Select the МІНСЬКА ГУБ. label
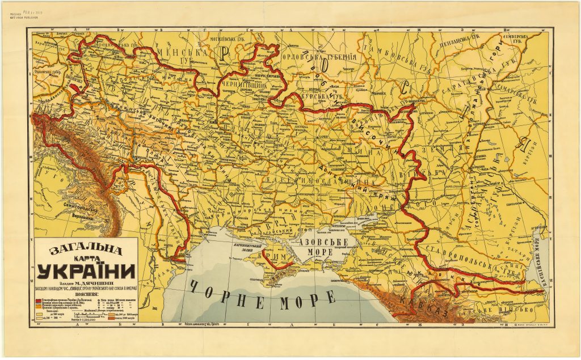point(170,56)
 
